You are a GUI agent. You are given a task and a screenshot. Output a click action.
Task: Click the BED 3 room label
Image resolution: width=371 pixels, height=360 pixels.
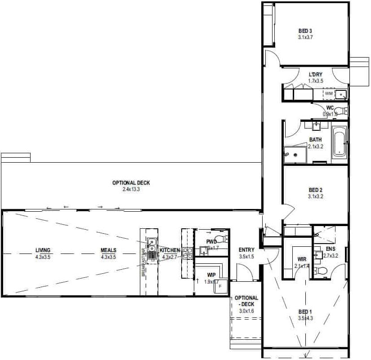305,31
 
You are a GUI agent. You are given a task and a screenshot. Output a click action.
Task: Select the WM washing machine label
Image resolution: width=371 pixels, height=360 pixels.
328,93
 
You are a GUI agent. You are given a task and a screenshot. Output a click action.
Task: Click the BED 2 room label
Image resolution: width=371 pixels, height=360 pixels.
316,190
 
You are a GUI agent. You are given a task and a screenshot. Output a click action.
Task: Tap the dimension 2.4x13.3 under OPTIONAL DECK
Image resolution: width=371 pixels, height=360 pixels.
131,190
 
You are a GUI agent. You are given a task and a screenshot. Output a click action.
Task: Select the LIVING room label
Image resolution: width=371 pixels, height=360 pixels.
43,250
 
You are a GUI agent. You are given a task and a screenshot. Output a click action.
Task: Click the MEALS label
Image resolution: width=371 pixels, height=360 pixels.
109,250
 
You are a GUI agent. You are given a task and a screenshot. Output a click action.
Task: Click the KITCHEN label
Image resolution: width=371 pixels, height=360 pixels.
170,250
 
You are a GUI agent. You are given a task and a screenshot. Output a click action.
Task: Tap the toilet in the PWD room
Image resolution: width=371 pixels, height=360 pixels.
220,239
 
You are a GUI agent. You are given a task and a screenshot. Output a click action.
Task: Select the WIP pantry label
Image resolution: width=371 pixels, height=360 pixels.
211,274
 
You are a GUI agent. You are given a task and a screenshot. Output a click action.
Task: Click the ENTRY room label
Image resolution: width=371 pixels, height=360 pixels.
246,250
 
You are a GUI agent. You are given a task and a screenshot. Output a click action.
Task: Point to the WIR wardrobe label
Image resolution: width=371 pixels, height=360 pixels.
302,259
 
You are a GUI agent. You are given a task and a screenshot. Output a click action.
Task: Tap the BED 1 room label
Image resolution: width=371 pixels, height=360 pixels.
304,312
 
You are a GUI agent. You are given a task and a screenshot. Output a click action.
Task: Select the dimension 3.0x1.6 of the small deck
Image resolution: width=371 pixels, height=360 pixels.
246,311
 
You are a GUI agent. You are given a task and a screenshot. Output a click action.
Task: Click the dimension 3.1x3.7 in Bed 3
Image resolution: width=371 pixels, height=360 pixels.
305,37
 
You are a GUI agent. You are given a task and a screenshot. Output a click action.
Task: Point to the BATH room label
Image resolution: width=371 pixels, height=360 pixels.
315,140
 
